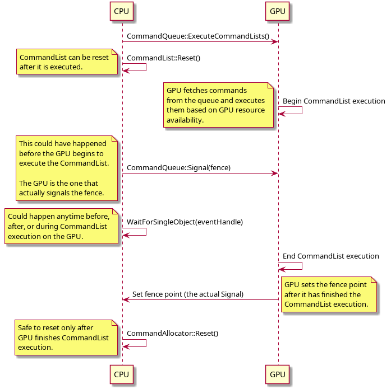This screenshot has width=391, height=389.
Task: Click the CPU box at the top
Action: click(121, 11)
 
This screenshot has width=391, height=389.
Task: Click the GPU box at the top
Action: click(277, 11)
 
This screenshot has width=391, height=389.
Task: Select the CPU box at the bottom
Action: click(121, 374)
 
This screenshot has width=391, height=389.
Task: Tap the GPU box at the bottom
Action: click(277, 374)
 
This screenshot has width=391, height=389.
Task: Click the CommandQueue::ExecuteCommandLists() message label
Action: click(198, 36)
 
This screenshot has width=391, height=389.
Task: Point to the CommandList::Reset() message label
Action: click(164, 58)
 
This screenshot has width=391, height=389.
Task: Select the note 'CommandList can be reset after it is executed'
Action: click(67, 62)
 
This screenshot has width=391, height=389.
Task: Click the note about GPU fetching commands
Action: click(218, 105)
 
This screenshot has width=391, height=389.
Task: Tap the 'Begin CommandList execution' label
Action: click(334, 101)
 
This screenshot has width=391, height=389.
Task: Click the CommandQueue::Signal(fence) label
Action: click(178, 168)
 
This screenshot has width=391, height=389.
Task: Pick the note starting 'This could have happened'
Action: click(67, 168)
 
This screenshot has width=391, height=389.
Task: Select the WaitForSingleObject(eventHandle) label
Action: click(185, 222)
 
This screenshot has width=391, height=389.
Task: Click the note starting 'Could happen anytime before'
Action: click(61, 226)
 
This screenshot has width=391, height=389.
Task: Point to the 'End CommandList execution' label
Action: click(330, 256)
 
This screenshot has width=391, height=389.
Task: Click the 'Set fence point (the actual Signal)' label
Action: click(188, 294)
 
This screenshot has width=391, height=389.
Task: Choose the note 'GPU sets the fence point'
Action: click(329, 294)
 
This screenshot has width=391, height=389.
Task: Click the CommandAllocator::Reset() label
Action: click(173, 334)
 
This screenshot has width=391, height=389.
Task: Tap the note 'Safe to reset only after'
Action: click(66, 338)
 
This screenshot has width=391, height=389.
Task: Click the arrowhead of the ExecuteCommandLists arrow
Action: click(275, 42)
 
